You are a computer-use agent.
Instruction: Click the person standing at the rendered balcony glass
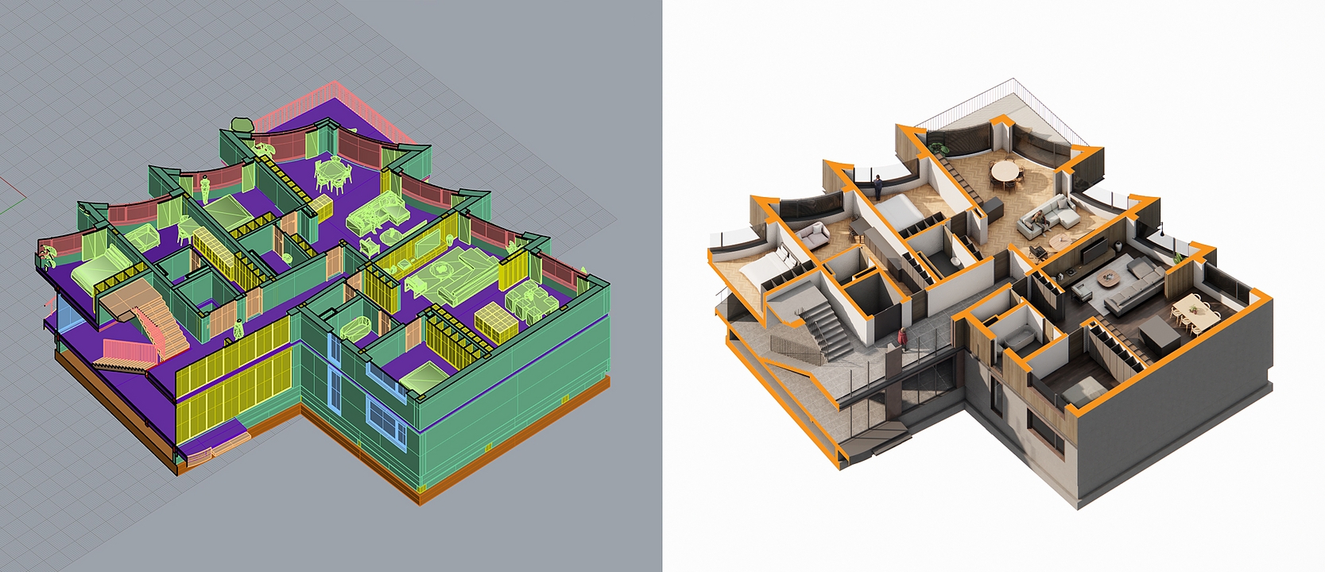pyautogui.click(x=878, y=187)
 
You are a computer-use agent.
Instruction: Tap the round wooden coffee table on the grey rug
pyautogui.click(x=1107, y=276)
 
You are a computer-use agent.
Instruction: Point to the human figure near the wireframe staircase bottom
pyautogui.click(x=238, y=328)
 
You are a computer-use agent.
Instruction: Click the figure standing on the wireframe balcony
pyautogui.click(x=203, y=186)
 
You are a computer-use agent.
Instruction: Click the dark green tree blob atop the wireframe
pyautogui.click(x=241, y=124)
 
